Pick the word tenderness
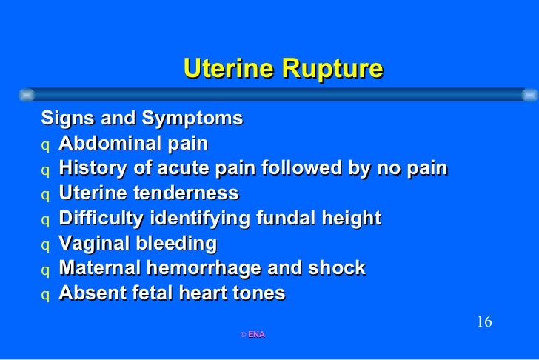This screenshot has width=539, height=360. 190,193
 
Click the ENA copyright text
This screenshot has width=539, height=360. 252,335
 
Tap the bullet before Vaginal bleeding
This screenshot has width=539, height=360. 46,244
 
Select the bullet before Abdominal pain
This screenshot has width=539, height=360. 46,144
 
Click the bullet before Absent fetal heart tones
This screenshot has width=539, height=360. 46,295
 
